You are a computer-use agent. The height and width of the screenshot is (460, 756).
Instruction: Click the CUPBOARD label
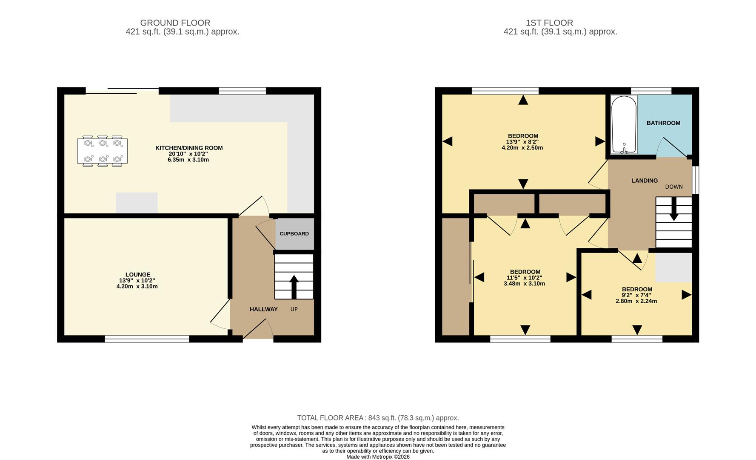click(x=294, y=234)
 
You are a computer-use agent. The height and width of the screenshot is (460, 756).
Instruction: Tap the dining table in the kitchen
click(x=103, y=151)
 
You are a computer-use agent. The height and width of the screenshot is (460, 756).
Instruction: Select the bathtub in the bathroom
click(x=624, y=124)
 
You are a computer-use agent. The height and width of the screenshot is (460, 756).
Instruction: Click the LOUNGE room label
click(x=137, y=275)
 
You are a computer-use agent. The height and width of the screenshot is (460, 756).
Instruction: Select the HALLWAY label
click(x=263, y=309)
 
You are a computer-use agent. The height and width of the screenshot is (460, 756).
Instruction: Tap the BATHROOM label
click(x=663, y=123)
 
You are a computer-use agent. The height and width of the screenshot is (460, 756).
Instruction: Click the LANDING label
click(x=644, y=181)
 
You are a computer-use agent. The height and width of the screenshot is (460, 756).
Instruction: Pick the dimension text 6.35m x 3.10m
click(x=188, y=160)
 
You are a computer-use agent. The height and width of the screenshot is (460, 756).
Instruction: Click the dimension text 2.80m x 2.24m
click(x=636, y=301)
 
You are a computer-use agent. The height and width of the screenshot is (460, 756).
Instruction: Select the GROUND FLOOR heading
click(x=175, y=23)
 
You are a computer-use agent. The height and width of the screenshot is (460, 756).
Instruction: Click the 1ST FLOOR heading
click(x=549, y=23)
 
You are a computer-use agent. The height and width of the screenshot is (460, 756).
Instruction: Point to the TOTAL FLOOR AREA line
click(x=378, y=418)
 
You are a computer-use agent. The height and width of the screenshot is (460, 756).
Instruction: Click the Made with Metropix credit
click(x=378, y=457)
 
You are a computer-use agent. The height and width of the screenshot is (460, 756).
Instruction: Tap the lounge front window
click(x=147, y=339)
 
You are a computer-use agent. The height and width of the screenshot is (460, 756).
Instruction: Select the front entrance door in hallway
click(x=258, y=330)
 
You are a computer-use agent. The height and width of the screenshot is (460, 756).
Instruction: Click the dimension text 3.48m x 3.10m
click(x=525, y=284)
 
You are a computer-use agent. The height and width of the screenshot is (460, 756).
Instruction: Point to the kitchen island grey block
click(x=137, y=203)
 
